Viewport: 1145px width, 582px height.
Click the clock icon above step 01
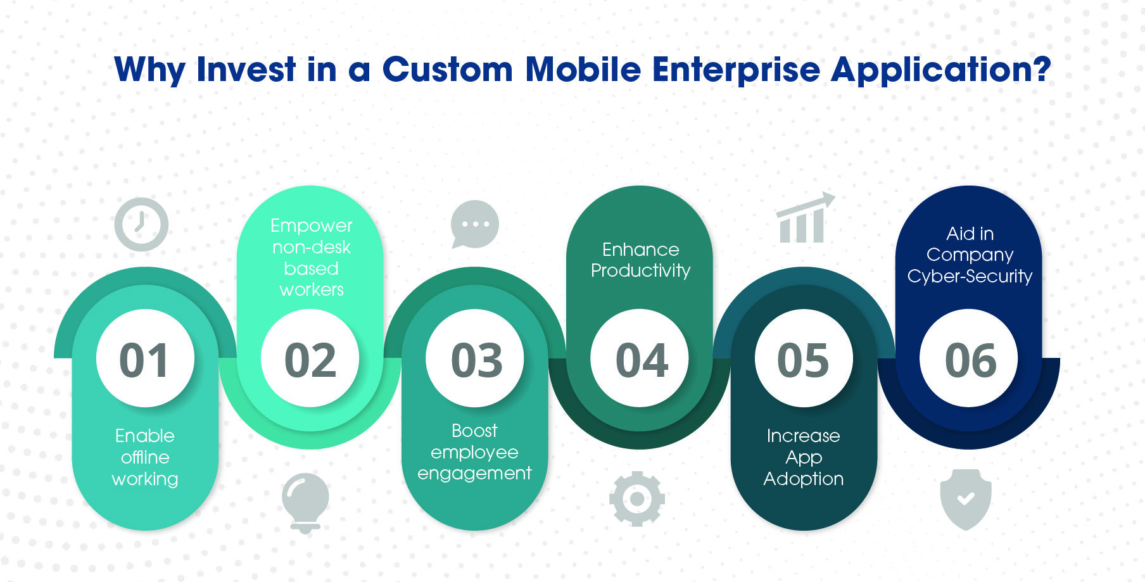tap(141, 224)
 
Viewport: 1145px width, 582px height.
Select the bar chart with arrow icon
tap(804, 218)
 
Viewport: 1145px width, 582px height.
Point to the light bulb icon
tap(305, 503)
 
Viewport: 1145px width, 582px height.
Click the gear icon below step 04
tap(637, 499)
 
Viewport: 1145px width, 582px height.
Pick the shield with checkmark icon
tap(966, 499)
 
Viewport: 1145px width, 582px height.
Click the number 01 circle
tap(145, 358)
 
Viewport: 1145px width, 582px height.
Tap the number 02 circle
tap(310, 358)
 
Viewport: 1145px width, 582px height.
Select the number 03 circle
tap(475, 358)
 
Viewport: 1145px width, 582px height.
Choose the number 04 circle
tap(640, 358)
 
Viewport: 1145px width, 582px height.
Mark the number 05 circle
tap(804, 358)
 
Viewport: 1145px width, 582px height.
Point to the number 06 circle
tap(969, 358)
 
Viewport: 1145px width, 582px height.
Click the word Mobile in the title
tap(583, 69)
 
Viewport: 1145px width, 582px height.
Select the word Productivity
tap(640, 271)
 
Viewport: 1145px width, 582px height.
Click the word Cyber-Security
tap(970, 277)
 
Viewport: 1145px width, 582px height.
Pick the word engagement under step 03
tap(474, 474)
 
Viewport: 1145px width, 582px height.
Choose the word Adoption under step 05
tap(804, 479)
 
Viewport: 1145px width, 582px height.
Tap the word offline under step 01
tap(145, 457)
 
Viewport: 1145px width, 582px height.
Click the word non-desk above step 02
tap(311, 247)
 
